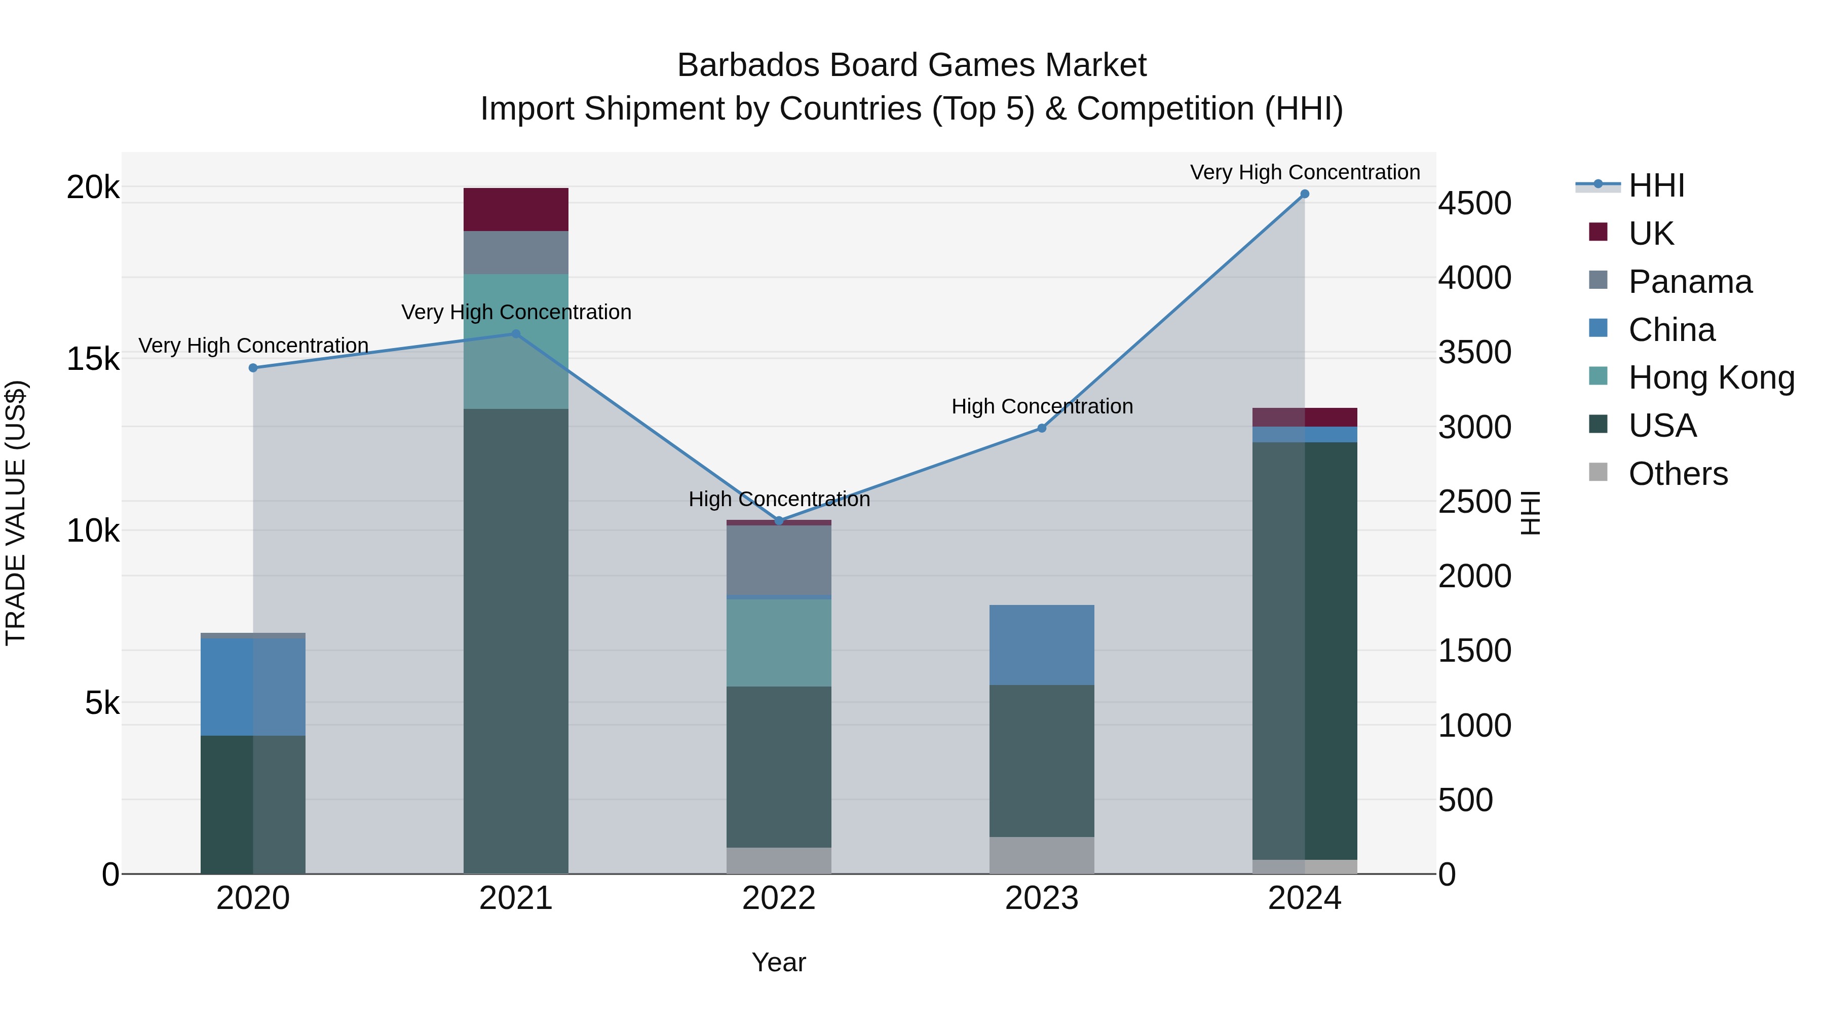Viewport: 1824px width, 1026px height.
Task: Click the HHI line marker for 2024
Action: tap(1304, 194)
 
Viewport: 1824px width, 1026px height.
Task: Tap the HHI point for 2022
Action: tap(779, 520)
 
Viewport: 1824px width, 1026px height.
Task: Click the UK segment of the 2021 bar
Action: tap(515, 210)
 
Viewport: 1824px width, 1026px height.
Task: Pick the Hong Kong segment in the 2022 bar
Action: tap(779, 642)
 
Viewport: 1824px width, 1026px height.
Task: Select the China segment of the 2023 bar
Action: tap(1042, 644)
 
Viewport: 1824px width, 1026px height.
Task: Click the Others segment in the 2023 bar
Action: tap(1042, 855)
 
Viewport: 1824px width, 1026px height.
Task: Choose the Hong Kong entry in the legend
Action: tap(1710, 377)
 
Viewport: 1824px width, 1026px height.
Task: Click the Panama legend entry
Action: tap(1689, 282)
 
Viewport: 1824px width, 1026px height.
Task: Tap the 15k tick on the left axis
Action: tap(93, 359)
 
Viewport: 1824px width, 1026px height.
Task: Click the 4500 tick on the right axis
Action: tap(1474, 204)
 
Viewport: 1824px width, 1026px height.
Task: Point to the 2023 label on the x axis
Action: tap(1042, 898)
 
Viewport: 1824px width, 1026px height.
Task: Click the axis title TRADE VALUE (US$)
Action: tap(16, 513)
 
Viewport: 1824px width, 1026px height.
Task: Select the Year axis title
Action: tap(778, 962)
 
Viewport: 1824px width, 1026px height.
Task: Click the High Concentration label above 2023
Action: tap(1042, 406)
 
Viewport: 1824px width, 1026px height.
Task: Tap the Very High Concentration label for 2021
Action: tap(515, 312)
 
